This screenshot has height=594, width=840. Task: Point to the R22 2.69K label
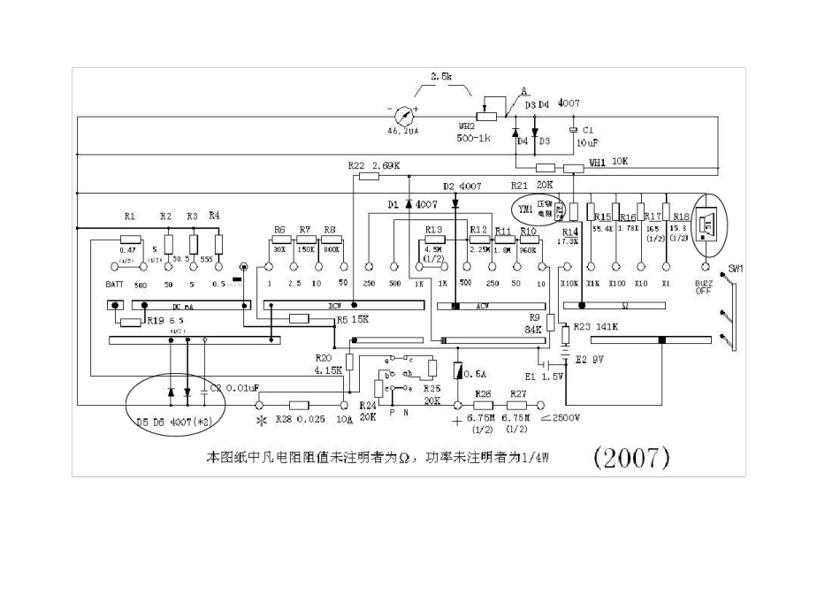[374, 165]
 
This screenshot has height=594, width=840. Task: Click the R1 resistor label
[130, 216]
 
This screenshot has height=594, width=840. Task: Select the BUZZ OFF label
[704, 287]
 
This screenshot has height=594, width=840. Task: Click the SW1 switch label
[736, 268]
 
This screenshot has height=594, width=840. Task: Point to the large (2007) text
[630, 457]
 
